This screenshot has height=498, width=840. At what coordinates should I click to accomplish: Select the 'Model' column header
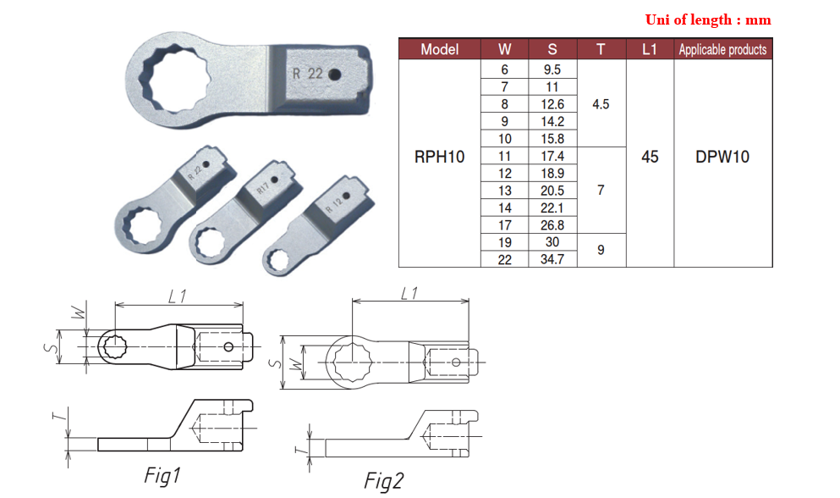click(439, 49)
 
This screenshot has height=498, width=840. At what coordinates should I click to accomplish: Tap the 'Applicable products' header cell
click(722, 49)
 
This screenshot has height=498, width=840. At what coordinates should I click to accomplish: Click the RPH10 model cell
click(439, 157)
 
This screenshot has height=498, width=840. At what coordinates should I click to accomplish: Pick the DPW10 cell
click(722, 157)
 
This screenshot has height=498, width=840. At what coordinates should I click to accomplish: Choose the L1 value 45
click(650, 157)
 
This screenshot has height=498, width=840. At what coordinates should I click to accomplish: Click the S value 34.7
click(552, 259)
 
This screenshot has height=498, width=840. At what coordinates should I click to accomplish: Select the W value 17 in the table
click(504, 225)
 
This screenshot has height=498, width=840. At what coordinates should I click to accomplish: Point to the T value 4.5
click(601, 104)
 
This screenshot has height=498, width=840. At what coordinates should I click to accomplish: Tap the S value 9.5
click(552, 69)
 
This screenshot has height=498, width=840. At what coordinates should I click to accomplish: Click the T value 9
click(601, 251)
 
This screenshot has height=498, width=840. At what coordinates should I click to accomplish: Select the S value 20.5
click(552, 191)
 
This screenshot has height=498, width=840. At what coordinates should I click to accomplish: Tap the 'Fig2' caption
click(383, 481)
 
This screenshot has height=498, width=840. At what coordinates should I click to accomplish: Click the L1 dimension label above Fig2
click(409, 293)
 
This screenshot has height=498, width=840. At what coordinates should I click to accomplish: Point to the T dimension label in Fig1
click(57, 417)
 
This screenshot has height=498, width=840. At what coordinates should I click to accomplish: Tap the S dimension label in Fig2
click(275, 362)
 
